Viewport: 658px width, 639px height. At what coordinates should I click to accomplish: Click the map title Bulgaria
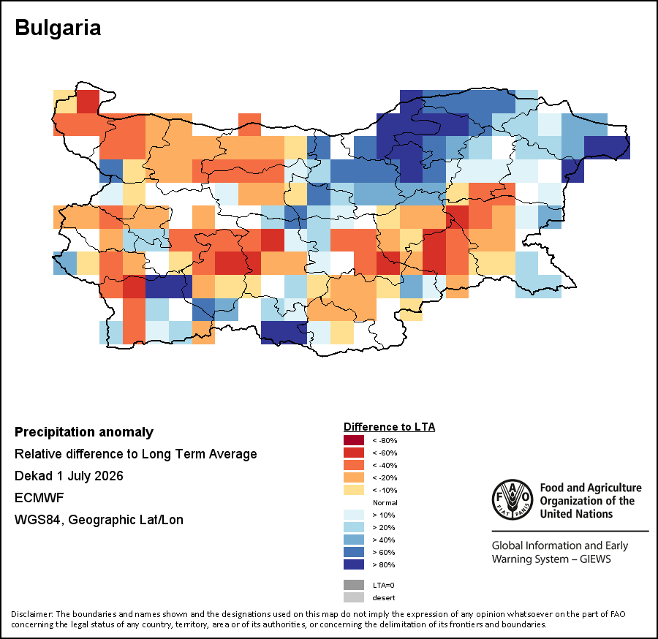(x=58, y=28)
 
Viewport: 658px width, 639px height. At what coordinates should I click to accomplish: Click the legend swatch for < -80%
(x=354, y=440)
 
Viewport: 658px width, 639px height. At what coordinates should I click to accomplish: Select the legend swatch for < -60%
(x=354, y=453)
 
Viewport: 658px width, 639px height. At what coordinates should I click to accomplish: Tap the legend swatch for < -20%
(x=354, y=477)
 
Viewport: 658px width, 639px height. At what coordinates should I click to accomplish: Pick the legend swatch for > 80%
(x=354, y=564)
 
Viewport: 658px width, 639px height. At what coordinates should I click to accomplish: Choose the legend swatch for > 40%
(x=354, y=540)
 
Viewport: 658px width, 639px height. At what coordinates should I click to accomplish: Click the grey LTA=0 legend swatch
(x=354, y=585)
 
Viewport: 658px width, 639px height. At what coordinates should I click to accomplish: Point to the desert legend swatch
(x=354, y=597)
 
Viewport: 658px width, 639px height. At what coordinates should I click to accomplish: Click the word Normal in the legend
(x=385, y=502)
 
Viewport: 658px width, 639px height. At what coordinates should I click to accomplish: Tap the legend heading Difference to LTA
(x=390, y=427)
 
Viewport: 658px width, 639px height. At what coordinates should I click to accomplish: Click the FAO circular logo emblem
(x=513, y=499)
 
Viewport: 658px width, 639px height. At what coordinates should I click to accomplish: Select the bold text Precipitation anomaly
(x=84, y=432)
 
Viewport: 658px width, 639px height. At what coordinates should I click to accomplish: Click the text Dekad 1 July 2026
(x=69, y=476)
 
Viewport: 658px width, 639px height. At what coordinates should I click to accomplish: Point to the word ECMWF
(x=39, y=498)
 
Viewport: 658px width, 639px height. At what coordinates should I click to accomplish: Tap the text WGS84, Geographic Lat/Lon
(x=99, y=520)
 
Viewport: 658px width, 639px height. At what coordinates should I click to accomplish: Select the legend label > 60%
(x=384, y=552)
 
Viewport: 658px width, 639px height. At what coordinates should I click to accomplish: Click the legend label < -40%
(x=385, y=465)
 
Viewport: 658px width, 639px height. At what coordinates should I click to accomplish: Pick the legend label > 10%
(x=384, y=515)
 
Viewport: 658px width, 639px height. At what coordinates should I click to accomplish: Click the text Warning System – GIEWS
(x=551, y=559)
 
